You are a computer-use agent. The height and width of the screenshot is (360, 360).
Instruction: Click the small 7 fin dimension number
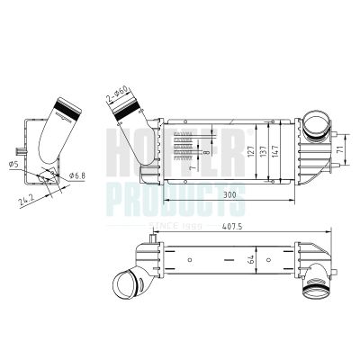(x=193, y=166)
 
